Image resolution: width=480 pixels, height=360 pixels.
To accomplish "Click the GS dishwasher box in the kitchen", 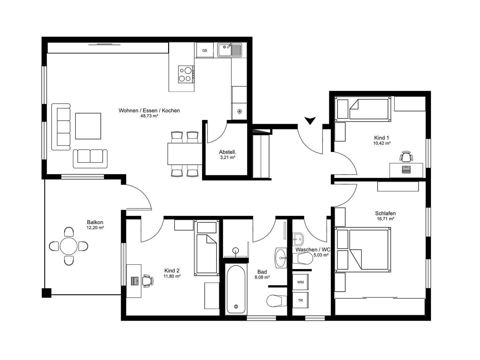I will click(x=204, y=51).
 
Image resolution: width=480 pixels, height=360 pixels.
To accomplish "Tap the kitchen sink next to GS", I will click(x=229, y=50).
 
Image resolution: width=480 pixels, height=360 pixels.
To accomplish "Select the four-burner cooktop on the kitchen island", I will click(x=186, y=74).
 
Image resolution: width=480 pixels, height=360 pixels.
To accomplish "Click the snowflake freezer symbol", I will click(x=239, y=111).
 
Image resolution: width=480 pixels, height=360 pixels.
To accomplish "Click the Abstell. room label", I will click(x=227, y=152).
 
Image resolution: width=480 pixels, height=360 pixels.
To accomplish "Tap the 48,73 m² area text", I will click(x=149, y=116).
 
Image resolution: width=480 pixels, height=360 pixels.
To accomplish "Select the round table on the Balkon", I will click(x=69, y=246).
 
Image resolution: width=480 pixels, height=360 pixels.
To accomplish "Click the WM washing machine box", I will click(x=300, y=282).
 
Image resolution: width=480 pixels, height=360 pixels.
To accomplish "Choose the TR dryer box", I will click(x=300, y=300).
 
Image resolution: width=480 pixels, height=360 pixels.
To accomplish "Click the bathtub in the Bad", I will click(x=236, y=289).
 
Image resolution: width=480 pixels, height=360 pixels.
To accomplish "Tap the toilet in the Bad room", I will click(x=276, y=301).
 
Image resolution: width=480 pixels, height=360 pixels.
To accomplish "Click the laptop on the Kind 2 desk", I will click(x=135, y=281).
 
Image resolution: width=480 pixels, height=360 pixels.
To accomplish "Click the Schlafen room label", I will click(x=385, y=213).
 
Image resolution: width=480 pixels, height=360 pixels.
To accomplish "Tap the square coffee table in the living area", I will click(x=88, y=126).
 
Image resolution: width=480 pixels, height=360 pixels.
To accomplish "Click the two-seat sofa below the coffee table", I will click(x=90, y=158).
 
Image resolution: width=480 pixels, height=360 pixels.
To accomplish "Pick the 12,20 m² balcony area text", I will click(x=95, y=228).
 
